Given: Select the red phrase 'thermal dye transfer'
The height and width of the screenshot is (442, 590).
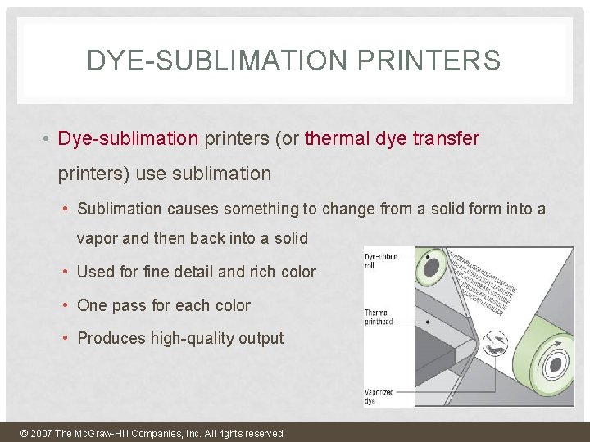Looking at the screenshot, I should click(392, 138).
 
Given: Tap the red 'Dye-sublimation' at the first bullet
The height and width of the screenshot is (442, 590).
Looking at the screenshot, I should click(128, 138).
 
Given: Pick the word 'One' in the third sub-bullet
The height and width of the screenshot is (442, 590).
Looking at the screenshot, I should click(92, 305).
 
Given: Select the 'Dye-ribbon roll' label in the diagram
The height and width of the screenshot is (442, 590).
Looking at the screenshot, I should click(381, 261).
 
